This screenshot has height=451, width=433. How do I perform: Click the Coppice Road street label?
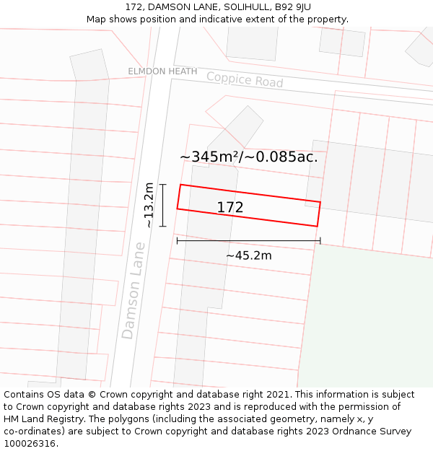click(245, 79)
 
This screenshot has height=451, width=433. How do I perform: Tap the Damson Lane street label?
click(134, 290)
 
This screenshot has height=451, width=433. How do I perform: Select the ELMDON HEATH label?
click(162, 71)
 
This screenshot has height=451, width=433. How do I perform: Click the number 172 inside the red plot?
click(230, 208)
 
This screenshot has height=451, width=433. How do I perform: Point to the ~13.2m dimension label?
click(149, 206)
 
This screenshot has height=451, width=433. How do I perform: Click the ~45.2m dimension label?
click(248, 255)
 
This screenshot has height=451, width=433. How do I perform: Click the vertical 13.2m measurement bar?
click(163, 206)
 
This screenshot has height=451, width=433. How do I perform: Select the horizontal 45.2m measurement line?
click(248, 241)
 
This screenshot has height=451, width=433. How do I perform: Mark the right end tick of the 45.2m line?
click(320, 241)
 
